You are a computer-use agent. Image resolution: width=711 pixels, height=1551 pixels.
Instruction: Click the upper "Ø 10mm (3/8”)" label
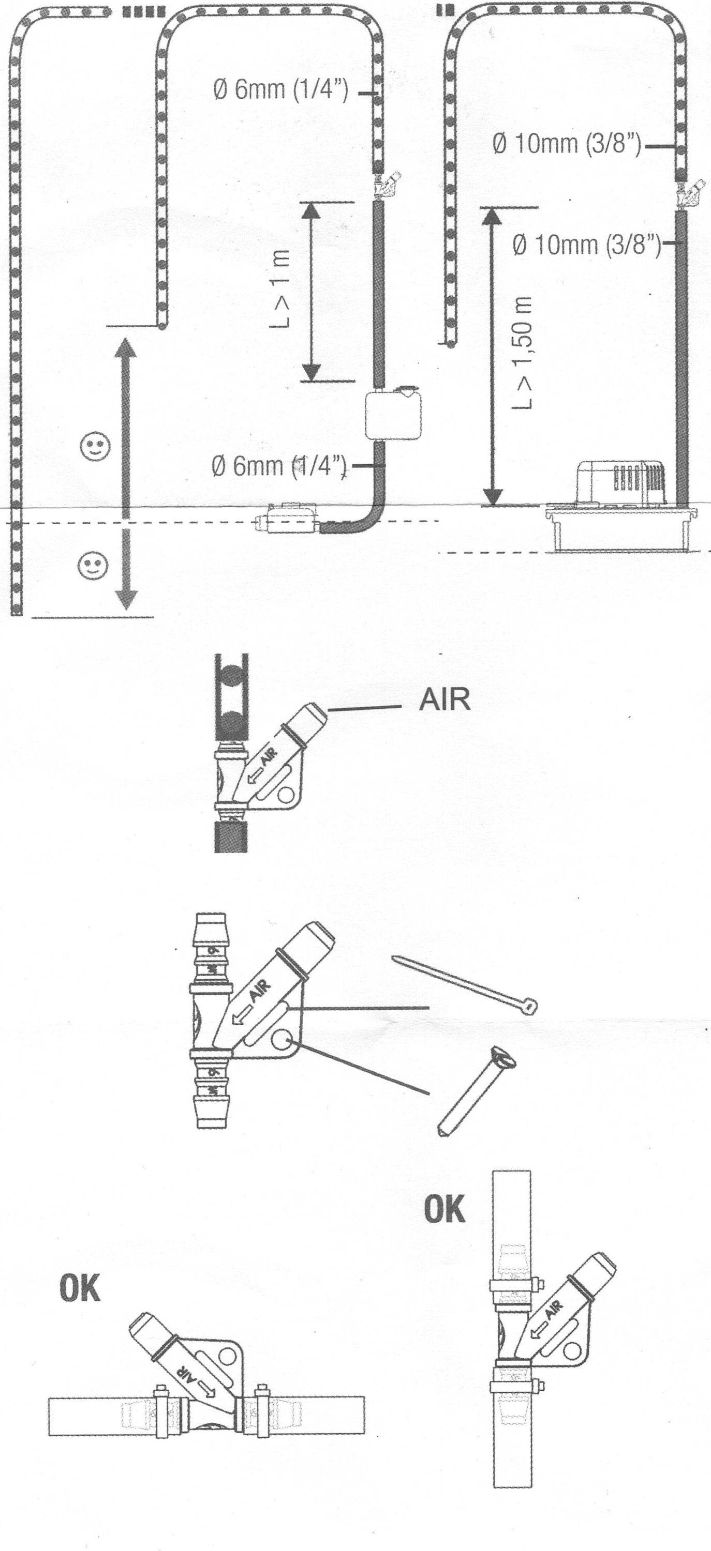tap(567, 145)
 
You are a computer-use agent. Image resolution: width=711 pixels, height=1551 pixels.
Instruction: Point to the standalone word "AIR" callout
tap(445, 700)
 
